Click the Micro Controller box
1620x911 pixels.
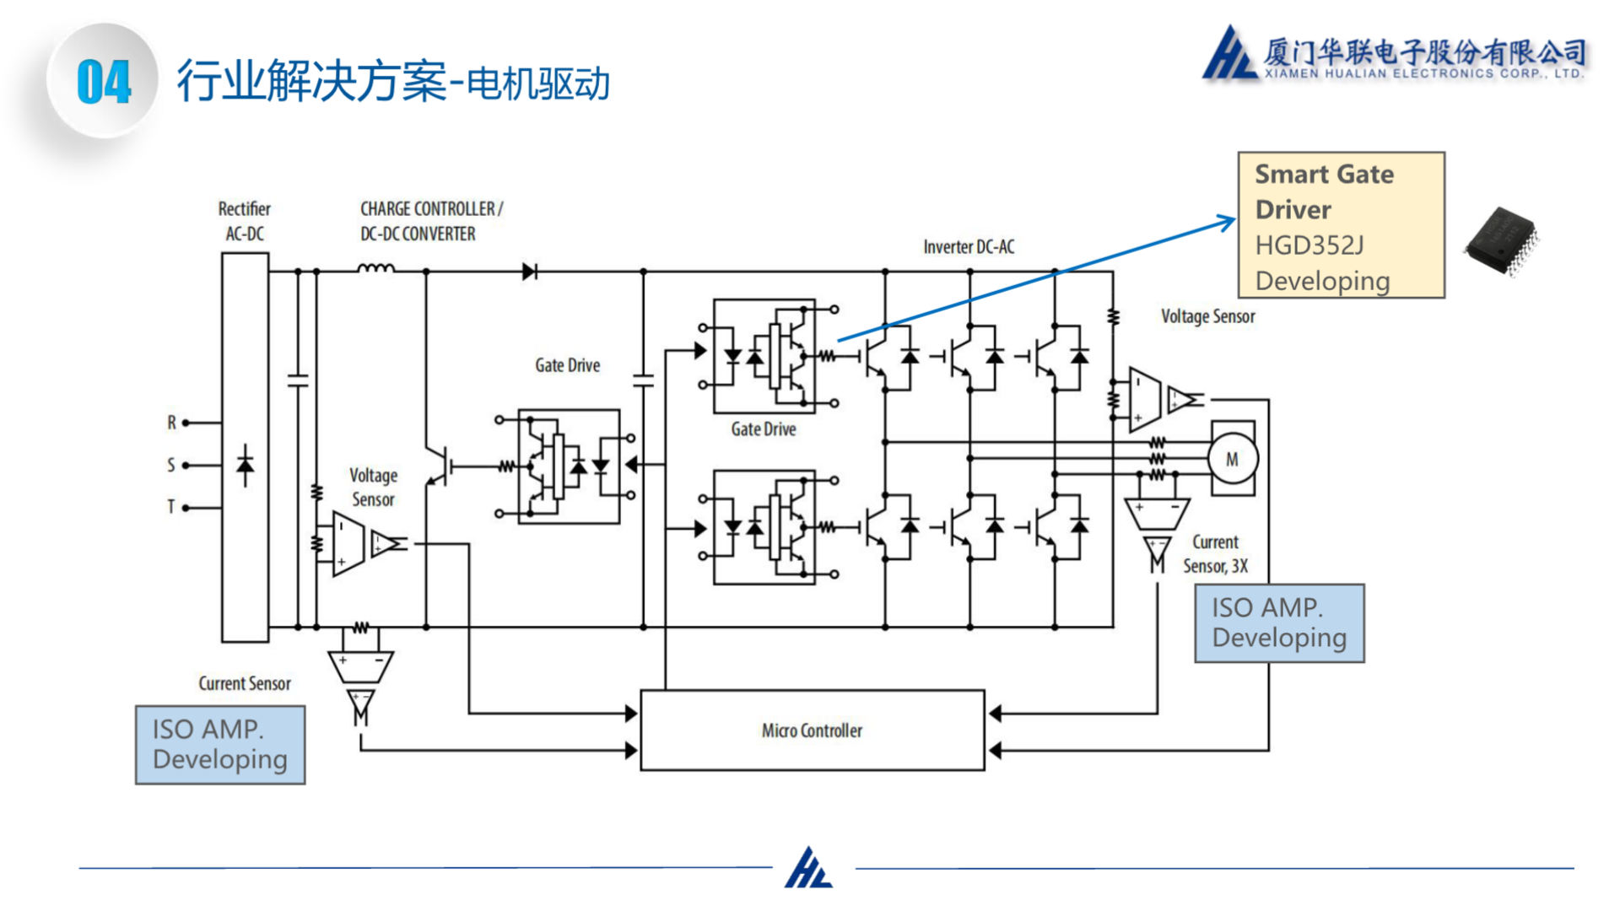[x=812, y=730]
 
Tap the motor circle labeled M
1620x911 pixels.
[x=1232, y=460]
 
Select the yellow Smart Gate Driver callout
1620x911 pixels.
[x=1341, y=225]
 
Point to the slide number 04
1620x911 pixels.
[x=103, y=82]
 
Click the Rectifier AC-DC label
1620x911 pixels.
[x=245, y=221]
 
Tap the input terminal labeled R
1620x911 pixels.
[x=186, y=423]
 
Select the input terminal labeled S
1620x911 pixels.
[x=186, y=465]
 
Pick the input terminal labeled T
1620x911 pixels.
[x=186, y=507]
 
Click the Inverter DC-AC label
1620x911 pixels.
[x=969, y=247]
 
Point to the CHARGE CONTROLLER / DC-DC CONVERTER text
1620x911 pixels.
[x=430, y=221]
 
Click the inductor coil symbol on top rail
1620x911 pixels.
[x=375, y=269]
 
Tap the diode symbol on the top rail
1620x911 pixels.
[x=529, y=272]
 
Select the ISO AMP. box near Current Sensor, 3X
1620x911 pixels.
[x=1279, y=623]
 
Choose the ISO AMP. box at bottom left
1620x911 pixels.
[x=220, y=745]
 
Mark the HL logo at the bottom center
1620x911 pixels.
[x=809, y=868]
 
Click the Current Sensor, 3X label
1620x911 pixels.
[x=1215, y=554]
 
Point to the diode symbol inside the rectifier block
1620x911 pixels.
[x=246, y=466]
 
